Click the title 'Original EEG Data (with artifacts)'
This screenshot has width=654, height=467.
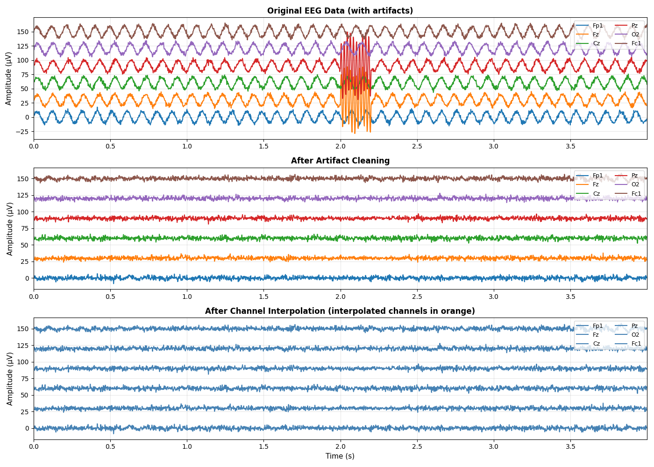(340, 11)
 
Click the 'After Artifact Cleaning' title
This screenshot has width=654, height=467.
(340, 161)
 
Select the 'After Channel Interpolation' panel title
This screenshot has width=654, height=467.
(340, 311)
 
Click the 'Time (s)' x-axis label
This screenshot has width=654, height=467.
(340, 456)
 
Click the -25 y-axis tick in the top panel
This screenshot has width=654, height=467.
(21, 132)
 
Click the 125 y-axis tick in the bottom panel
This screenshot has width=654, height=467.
(23, 346)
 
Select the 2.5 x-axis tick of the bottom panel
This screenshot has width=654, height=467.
(417, 446)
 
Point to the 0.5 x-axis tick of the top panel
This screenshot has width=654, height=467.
(110, 146)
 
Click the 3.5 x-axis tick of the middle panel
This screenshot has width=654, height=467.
(570, 297)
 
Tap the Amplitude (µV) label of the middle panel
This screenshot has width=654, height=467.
(10, 228)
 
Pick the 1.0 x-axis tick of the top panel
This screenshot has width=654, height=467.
(187, 146)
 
